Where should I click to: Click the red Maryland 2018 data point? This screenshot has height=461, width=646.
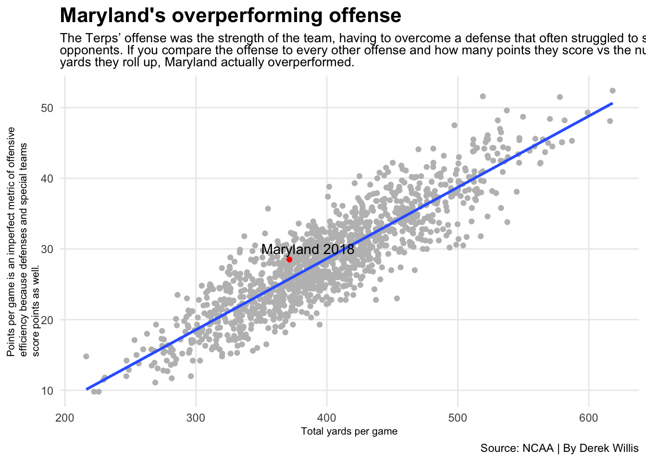coord(289,259)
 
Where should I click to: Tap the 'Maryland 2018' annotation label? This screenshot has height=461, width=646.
coord(308,250)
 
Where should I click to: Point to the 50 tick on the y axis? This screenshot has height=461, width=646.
coord(46,108)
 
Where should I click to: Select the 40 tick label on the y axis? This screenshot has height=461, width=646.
coord(46,178)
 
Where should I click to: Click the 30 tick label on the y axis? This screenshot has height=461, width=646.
coord(46,249)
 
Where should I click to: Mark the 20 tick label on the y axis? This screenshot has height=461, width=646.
coord(46,320)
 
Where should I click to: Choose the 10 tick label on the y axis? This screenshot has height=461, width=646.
coord(46,390)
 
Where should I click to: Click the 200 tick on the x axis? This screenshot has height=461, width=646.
coord(65,416)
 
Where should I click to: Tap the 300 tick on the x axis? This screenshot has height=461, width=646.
coord(196,416)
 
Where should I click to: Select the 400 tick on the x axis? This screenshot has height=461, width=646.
coord(326,416)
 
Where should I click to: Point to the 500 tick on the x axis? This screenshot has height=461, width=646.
coord(458,416)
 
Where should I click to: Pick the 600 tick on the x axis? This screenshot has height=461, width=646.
coord(588,416)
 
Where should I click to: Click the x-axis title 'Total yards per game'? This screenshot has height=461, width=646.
coord(349,431)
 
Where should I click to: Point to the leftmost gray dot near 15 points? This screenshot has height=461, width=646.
coord(86,356)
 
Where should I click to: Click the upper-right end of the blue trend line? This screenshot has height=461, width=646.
coord(612,103)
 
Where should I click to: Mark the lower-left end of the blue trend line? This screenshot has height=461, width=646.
coord(87,389)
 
